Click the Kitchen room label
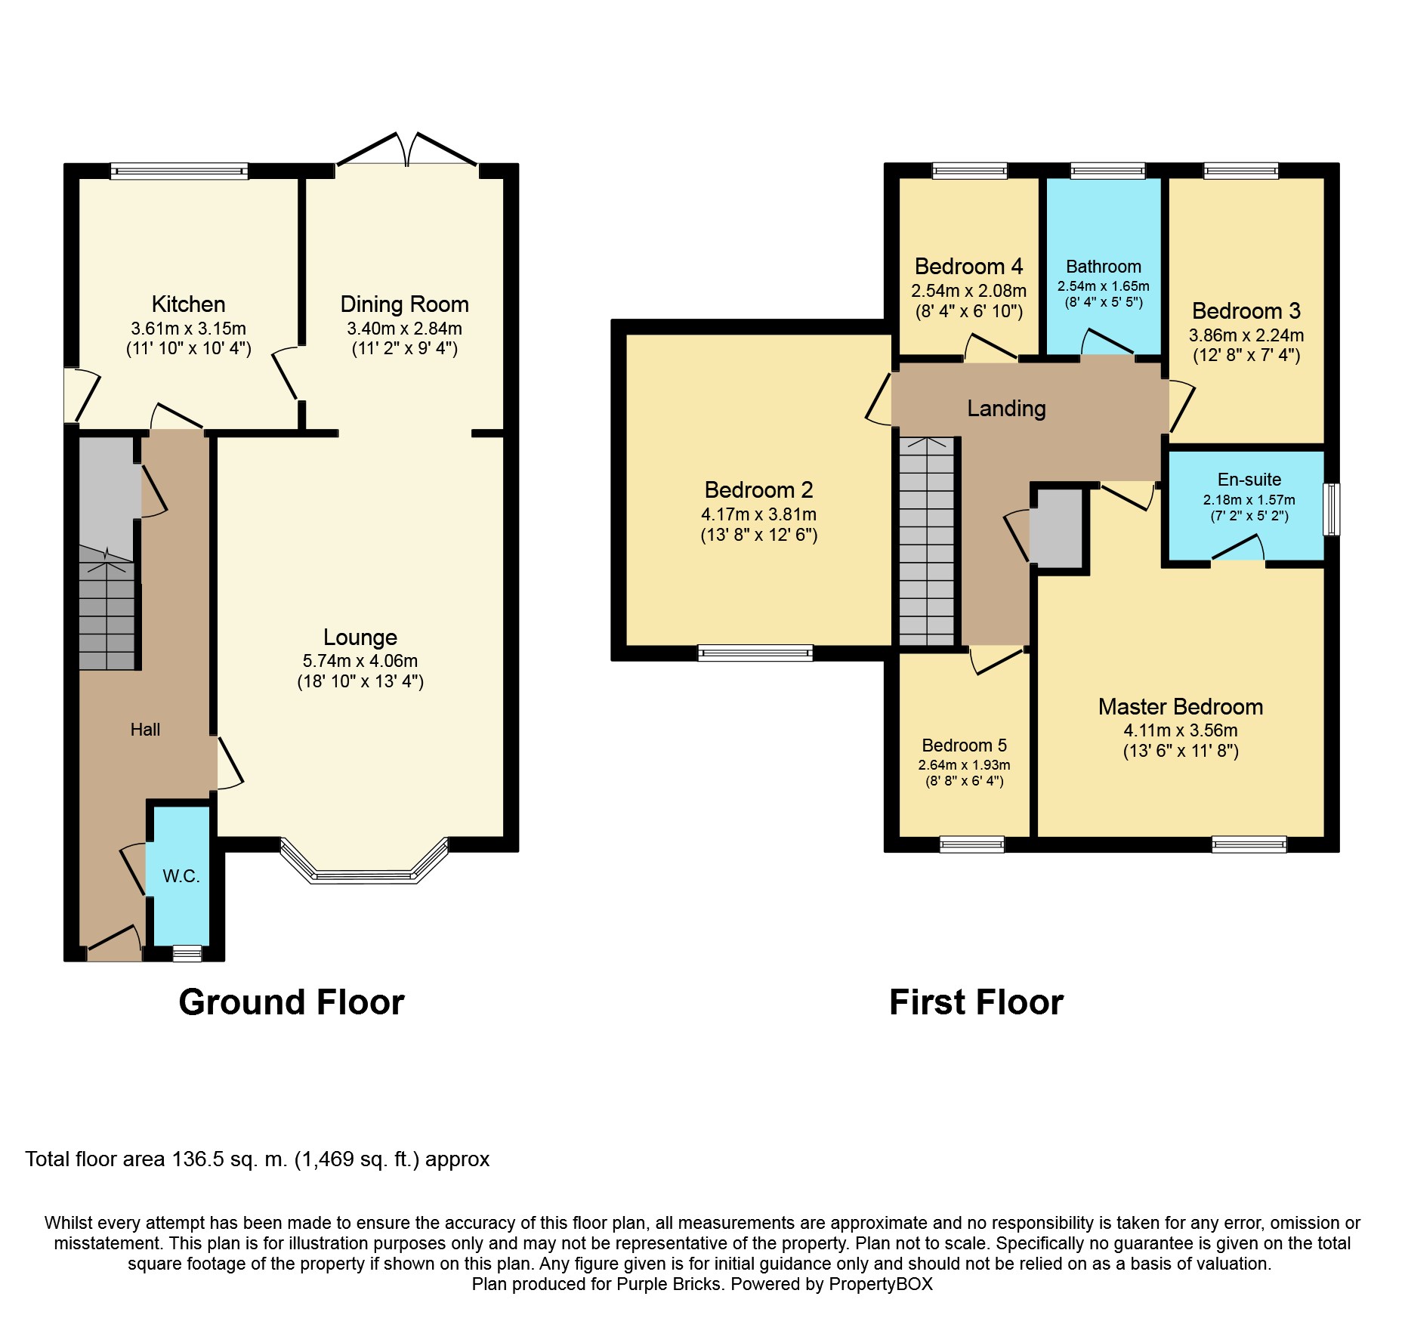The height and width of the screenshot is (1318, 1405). click(188, 304)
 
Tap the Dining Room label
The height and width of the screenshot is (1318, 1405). click(404, 304)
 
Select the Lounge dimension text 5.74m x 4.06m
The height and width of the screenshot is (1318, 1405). click(360, 661)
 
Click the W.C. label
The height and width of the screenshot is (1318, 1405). click(181, 876)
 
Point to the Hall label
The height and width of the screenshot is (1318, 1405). click(145, 730)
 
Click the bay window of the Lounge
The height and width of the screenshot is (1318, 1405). click(364, 861)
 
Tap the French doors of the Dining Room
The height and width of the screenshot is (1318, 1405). click(406, 150)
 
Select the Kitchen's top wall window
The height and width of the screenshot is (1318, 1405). click(179, 171)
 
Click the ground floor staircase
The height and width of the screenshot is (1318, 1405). click(107, 608)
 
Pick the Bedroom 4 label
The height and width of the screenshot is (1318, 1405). click(968, 267)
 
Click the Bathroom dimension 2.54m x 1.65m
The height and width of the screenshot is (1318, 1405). click(1104, 286)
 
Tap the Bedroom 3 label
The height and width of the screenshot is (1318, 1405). click(1246, 311)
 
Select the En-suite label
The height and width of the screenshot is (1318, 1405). click(1249, 480)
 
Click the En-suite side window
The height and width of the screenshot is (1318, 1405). click(1332, 510)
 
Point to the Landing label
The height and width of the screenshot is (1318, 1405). click(1007, 409)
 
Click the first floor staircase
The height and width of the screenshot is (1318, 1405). click(928, 542)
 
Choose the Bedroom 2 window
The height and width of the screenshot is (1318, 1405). click(755, 653)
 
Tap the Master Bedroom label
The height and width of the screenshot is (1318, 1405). click(1181, 707)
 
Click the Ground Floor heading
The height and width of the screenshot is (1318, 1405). click(292, 1002)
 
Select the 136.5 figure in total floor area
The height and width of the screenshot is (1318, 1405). click(198, 1159)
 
